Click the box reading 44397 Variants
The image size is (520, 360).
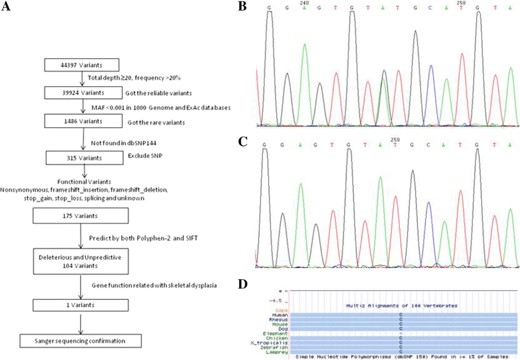click(x=81, y=64)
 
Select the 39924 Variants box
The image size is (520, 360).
click(x=81, y=92)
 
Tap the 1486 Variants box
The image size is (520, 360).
click(x=81, y=120)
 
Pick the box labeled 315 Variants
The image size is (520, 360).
click(x=81, y=158)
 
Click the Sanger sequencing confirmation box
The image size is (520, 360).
click(x=81, y=341)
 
